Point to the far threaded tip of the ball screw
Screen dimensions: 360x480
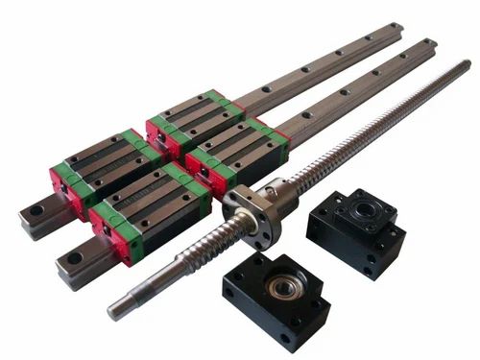coord(464,68)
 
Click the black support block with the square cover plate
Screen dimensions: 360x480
coord(356,230)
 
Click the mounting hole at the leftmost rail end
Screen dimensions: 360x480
coord(36,210)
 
